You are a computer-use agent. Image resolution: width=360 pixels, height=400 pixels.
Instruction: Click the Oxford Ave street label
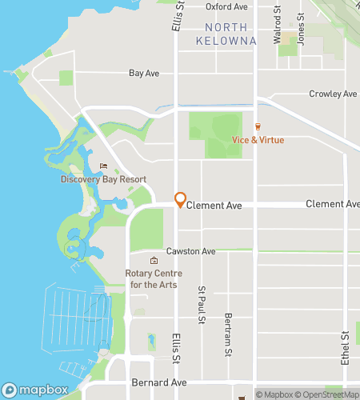click(x=225, y=6)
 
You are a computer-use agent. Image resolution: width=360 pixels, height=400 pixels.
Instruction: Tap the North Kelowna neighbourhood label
click(x=226, y=34)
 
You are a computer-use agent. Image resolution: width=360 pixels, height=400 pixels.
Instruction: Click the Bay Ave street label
click(x=144, y=73)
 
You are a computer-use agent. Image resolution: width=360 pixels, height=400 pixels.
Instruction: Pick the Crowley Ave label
click(x=333, y=94)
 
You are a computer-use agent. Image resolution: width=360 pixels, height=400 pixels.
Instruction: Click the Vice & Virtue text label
click(x=258, y=140)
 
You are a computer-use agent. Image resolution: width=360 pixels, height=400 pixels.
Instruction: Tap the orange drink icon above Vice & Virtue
click(x=258, y=126)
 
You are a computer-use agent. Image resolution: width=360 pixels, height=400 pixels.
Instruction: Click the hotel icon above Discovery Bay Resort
click(x=102, y=166)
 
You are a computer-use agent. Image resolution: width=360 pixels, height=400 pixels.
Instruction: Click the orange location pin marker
click(x=181, y=200)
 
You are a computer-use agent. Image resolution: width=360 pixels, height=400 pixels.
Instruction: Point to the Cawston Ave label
click(x=190, y=251)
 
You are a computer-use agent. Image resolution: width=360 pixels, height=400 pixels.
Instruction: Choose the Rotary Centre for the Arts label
click(x=154, y=278)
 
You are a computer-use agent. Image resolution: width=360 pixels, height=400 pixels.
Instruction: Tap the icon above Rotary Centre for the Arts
click(x=154, y=261)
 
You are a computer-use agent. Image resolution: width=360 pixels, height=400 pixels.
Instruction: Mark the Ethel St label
click(x=346, y=349)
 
